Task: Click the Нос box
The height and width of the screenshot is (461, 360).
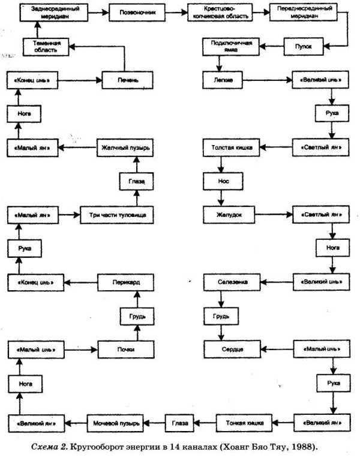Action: coord(223,180)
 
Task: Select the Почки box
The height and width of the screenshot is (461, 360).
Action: coord(125,348)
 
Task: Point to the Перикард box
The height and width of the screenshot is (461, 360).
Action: coord(125,281)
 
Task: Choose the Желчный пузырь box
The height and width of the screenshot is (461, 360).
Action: coord(125,146)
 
